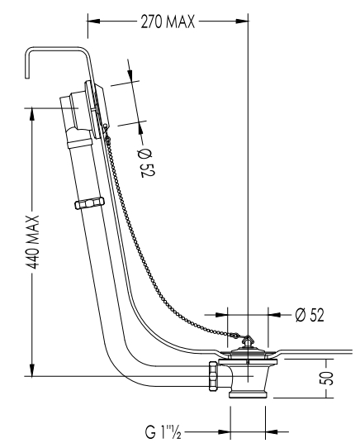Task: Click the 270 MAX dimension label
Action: [168, 21]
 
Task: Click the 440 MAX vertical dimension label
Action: [32, 242]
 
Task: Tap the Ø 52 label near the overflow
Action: [147, 163]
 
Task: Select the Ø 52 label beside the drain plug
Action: [310, 315]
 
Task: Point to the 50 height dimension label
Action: [329, 378]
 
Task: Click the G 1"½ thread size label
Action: [163, 431]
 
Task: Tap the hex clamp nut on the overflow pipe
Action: [89, 203]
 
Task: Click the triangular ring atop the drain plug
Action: [247, 341]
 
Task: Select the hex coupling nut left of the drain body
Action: [213, 376]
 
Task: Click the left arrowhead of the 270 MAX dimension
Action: [94, 21]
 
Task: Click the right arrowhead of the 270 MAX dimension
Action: [242, 21]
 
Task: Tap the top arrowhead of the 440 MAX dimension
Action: [32, 114]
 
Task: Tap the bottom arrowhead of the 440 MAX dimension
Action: [32, 369]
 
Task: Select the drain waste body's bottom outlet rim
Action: [248, 395]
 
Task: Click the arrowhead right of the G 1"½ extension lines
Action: [272, 431]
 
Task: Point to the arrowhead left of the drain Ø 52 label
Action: [221, 315]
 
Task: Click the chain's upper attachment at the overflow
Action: [107, 128]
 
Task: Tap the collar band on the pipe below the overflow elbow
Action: [80, 142]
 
